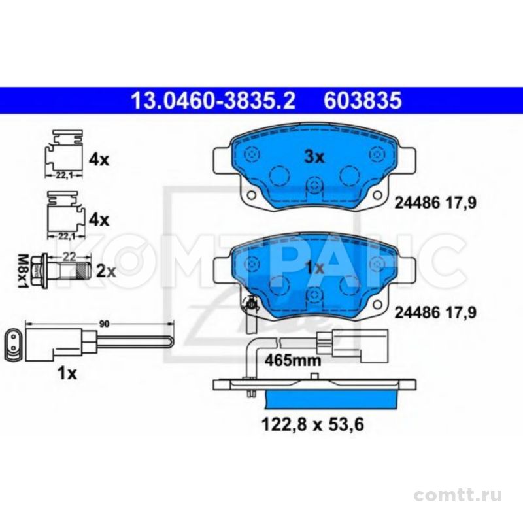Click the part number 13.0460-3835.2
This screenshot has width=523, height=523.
coord(214,101)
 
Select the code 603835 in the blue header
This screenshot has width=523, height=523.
coord(363,101)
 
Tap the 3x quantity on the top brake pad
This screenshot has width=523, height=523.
coord(314,157)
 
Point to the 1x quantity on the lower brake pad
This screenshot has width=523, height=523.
coord(314,267)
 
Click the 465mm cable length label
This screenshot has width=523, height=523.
coord(292,360)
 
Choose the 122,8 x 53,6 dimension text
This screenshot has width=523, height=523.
coord(312,424)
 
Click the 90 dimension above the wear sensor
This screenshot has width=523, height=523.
coord(104,324)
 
